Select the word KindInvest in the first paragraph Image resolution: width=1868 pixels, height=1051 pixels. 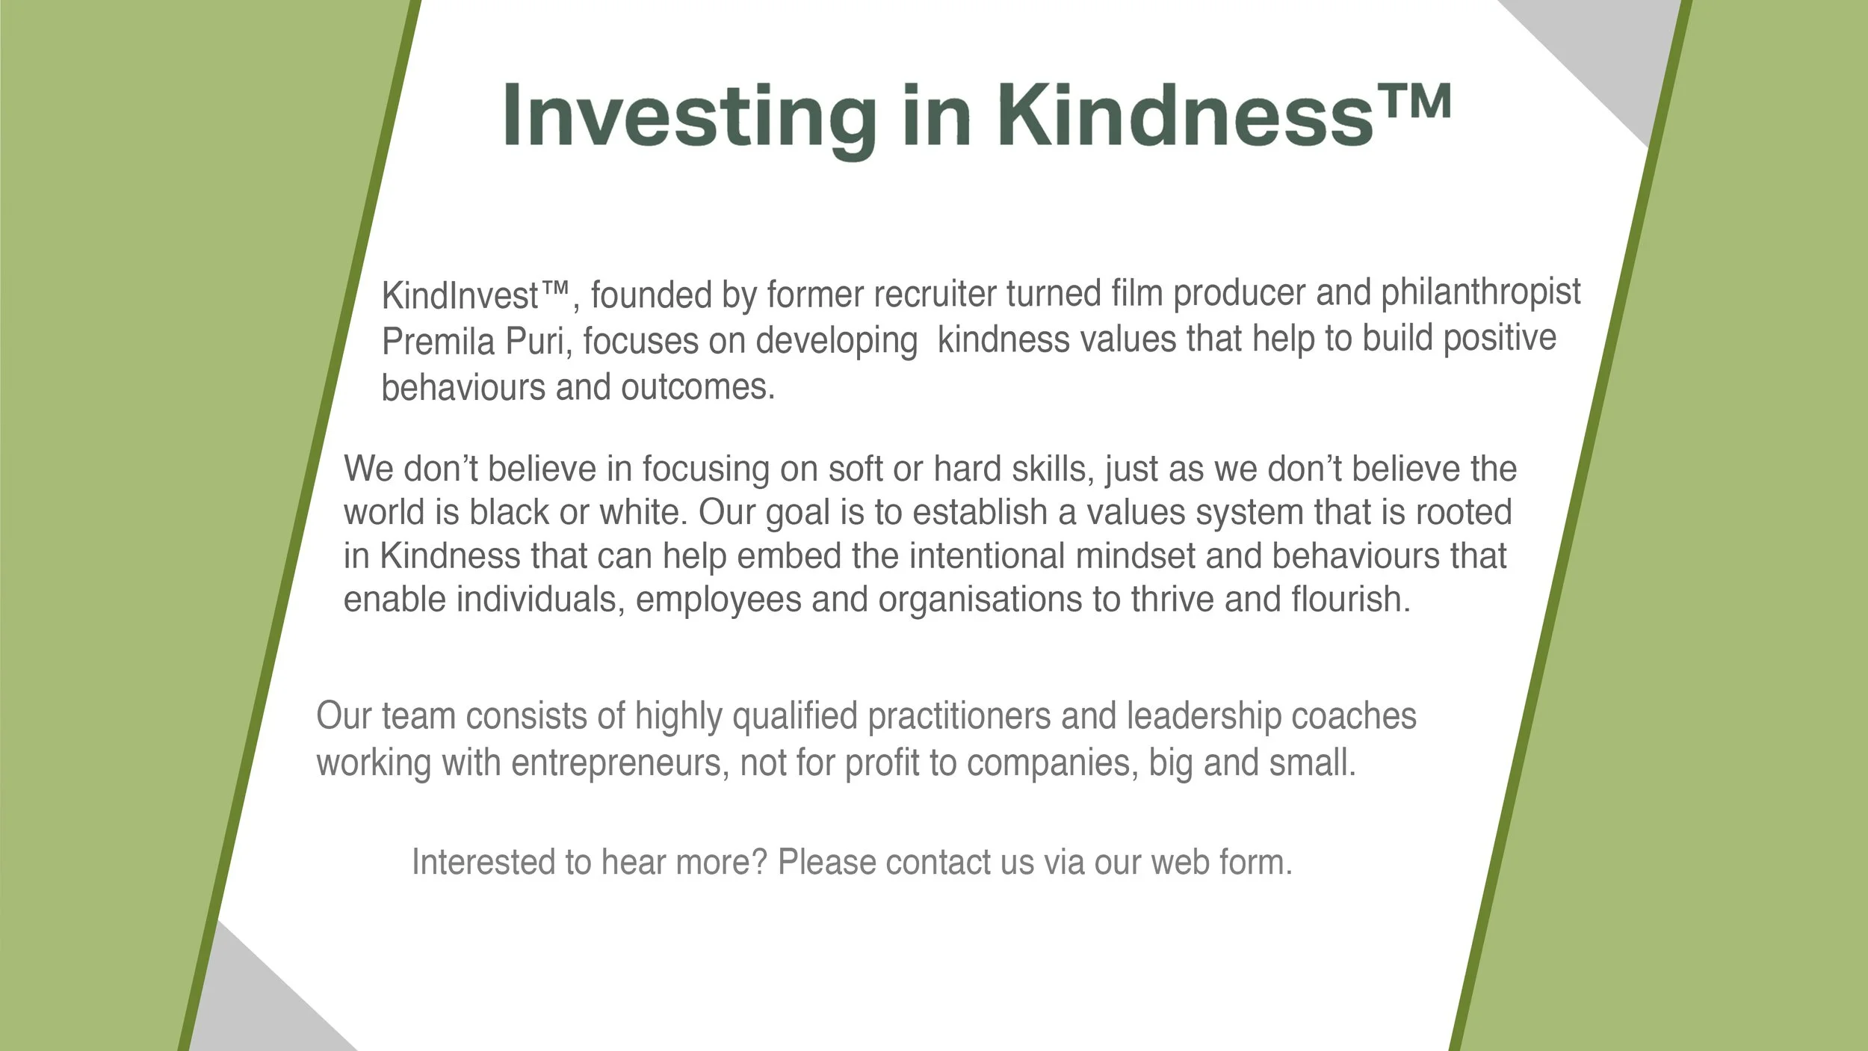click(460, 296)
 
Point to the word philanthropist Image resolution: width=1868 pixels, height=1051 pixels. click(1480, 292)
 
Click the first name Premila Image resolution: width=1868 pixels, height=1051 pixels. click(439, 342)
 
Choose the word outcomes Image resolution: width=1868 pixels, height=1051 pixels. click(698, 387)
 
